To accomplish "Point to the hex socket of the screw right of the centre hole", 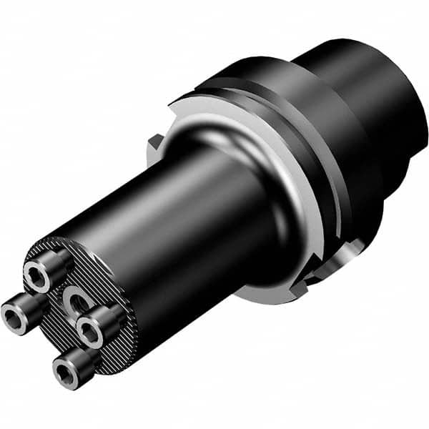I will (x=90, y=330).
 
